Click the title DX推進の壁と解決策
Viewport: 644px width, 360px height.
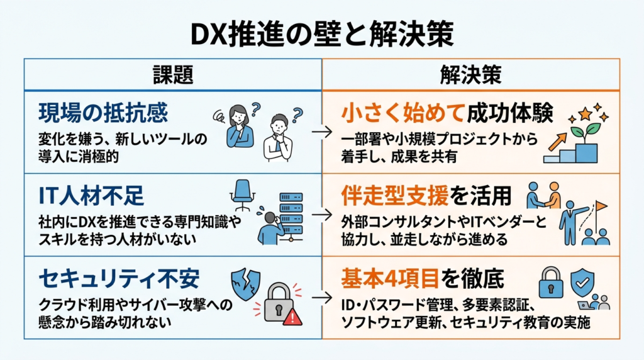point(321,33)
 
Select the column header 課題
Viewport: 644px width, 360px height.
point(172,75)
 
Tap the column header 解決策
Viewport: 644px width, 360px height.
point(470,75)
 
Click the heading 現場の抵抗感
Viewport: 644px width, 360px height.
point(103,113)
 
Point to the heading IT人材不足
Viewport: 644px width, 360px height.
point(91,196)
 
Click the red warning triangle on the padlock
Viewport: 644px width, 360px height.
point(292,317)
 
